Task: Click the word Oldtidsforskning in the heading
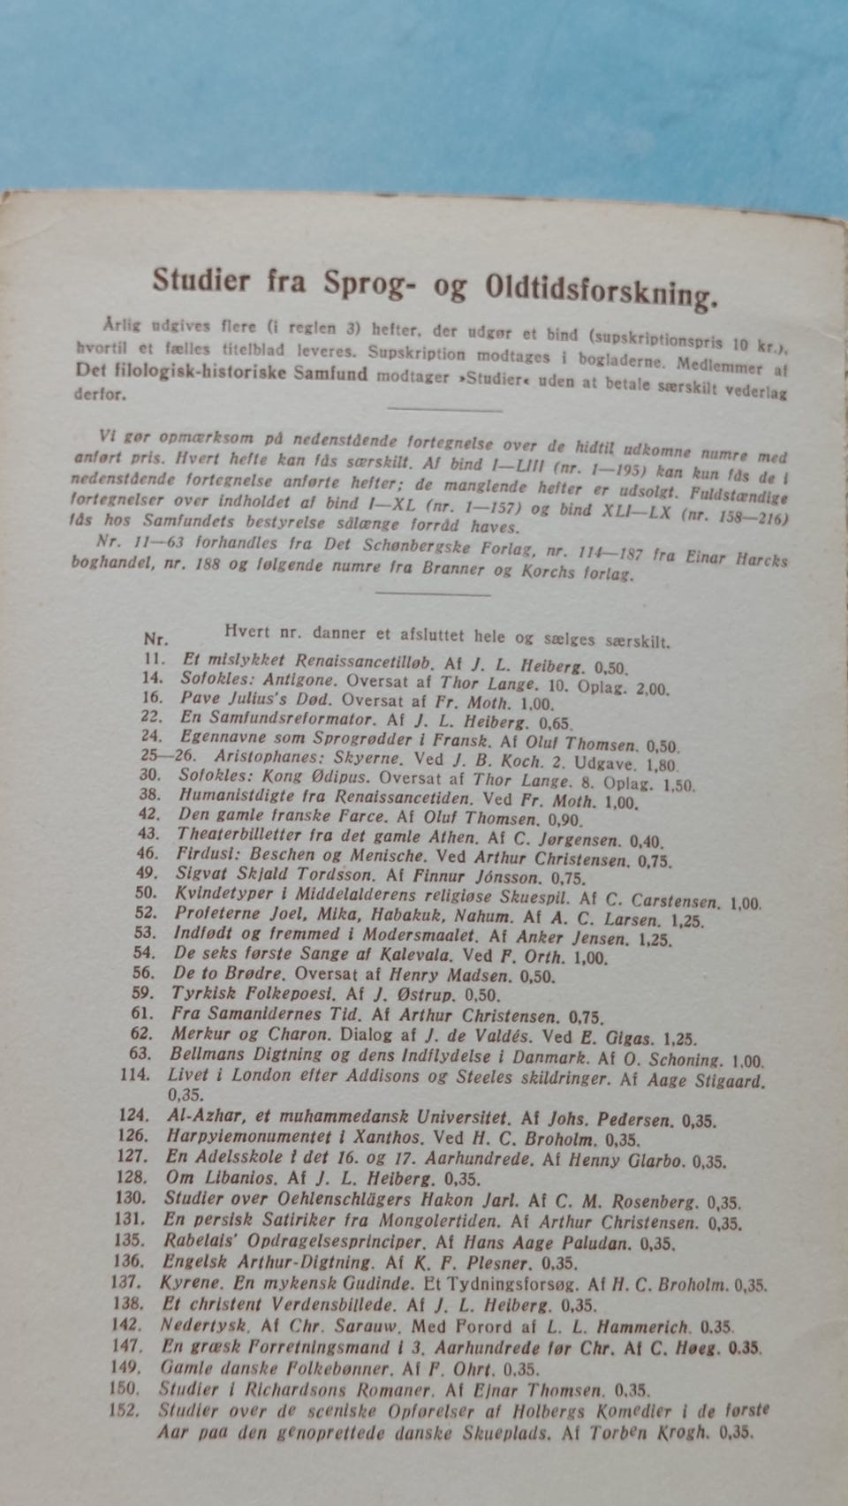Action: coord(598,289)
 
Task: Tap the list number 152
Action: coord(125,1410)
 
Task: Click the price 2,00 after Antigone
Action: coord(653,686)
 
